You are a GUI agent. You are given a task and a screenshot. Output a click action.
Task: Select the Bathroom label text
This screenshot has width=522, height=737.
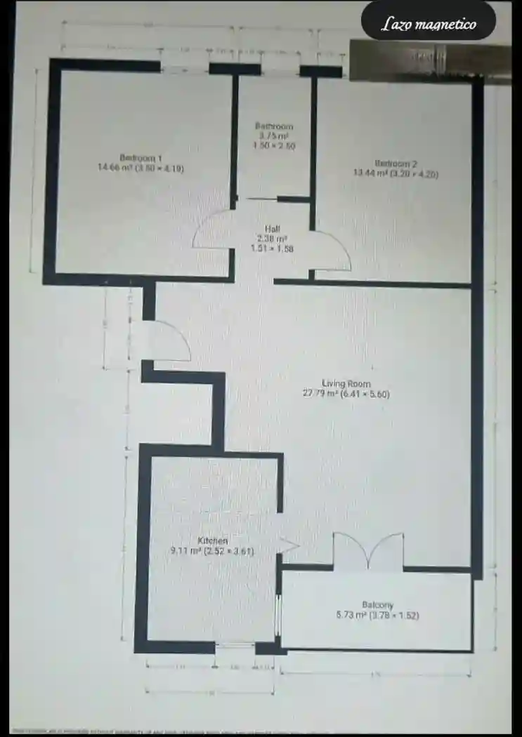(x=273, y=126)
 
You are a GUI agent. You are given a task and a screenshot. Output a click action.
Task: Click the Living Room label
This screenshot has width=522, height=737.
(x=346, y=383)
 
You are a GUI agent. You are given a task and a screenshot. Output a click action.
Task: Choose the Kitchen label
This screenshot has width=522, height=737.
(x=212, y=541)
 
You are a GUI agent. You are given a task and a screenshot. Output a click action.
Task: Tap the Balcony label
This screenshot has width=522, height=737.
(x=377, y=605)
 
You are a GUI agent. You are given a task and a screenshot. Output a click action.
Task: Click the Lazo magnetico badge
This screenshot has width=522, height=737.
(x=429, y=25)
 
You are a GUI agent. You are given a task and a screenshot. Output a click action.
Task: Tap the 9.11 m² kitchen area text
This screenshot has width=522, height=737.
(x=185, y=552)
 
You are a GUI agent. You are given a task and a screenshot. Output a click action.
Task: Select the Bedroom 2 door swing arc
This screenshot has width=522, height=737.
(x=334, y=249)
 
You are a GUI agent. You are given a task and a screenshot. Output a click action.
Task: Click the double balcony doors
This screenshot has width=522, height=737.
(x=368, y=550)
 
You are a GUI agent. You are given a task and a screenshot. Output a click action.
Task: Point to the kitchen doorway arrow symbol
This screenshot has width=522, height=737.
(x=289, y=545)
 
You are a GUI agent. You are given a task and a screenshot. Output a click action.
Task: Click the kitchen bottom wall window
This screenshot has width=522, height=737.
(x=235, y=646)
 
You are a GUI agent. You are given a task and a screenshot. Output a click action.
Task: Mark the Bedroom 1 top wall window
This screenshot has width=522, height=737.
(x=184, y=68)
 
